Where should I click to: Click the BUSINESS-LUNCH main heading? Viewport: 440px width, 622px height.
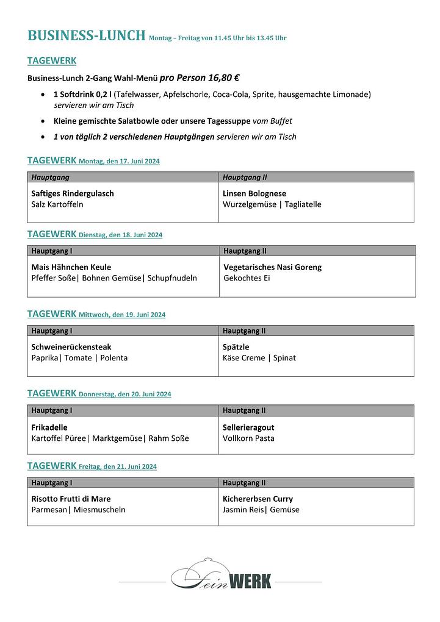pos(86,36)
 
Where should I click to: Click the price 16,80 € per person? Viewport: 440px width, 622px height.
pos(199,78)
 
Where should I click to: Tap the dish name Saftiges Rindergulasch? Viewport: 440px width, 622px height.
pos(73,193)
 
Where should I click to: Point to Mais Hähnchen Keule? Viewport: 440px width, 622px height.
pos(71,267)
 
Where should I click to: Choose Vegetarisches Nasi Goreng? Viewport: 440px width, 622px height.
pos(272,267)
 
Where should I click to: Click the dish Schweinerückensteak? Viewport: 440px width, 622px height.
pos(71,347)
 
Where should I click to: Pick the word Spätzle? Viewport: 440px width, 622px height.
pos(237,347)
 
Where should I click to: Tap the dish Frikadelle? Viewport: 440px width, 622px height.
pos(49,427)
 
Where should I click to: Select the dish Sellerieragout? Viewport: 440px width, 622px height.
pos(248,427)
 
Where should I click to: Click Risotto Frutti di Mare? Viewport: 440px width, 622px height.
pos(71,499)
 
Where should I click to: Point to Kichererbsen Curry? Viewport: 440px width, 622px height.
pos(258,499)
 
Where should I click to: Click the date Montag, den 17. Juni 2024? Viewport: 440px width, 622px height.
pos(119,162)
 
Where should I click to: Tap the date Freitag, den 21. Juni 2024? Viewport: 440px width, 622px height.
pos(118,467)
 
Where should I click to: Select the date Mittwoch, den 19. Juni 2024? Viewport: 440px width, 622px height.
pos(122,315)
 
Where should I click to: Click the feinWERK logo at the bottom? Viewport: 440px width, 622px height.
pos(220,576)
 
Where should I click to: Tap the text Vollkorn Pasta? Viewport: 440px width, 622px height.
pos(248,438)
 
